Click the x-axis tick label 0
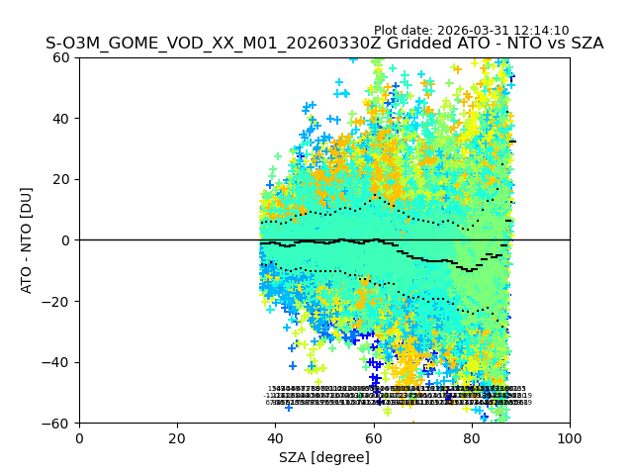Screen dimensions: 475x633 click(79, 437)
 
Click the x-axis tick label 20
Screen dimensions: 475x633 click(177, 437)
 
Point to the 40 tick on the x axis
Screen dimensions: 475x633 click(275, 437)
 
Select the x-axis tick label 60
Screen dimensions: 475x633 click(373, 437)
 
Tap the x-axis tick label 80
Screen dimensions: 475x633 click(472, 437)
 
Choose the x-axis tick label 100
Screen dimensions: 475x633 click(570, 437)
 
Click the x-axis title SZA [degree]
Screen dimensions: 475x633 click(324, 457)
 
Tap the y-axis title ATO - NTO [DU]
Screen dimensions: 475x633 click(27, 240)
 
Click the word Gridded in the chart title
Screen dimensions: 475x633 click(399, 44)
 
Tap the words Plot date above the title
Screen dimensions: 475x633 click(407, 31)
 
